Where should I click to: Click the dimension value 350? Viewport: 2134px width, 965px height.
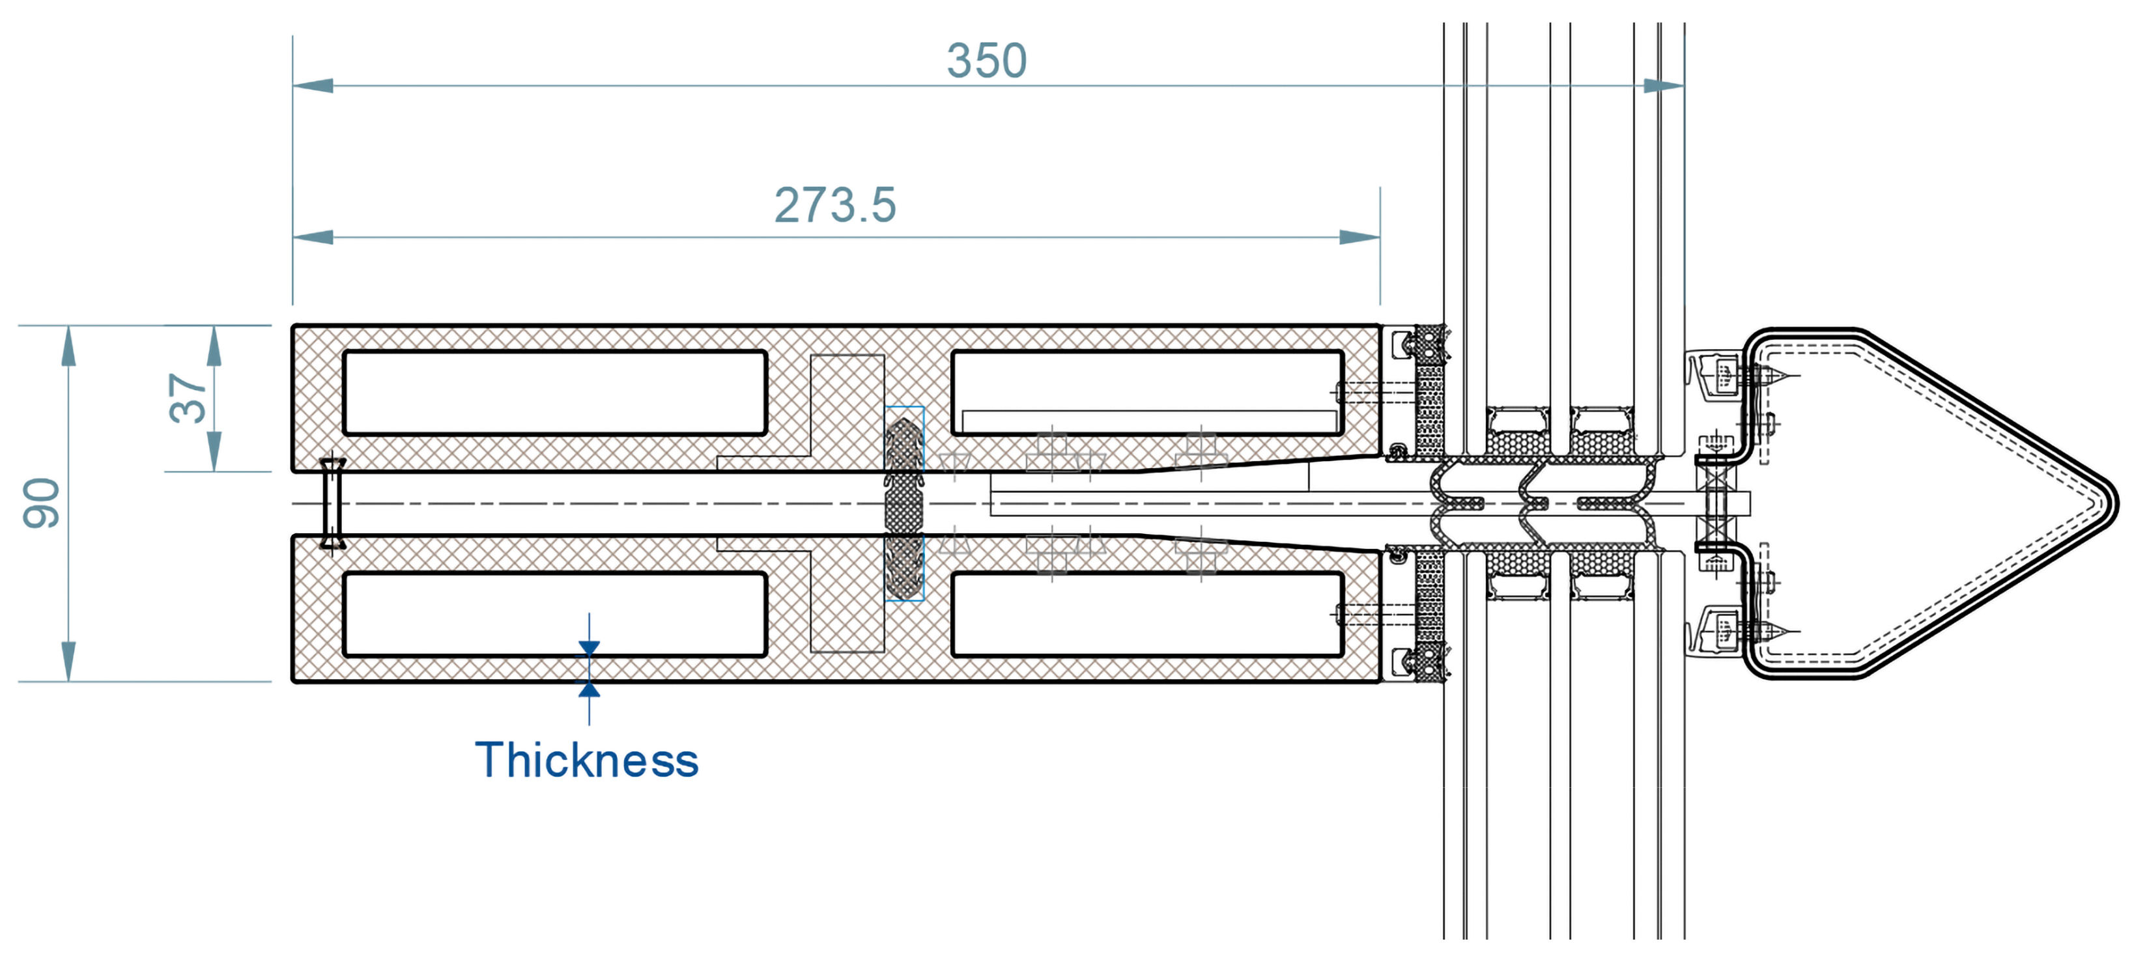click(987, 61)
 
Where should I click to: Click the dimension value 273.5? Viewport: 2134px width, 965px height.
click(835, 204)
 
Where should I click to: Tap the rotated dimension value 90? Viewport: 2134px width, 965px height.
click(42, 503)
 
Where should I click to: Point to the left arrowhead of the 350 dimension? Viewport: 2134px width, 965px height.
click(313, 85)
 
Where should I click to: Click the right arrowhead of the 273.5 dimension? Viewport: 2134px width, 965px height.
click(1359, 238)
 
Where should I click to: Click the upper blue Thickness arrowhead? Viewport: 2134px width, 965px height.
click(589, 649)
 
